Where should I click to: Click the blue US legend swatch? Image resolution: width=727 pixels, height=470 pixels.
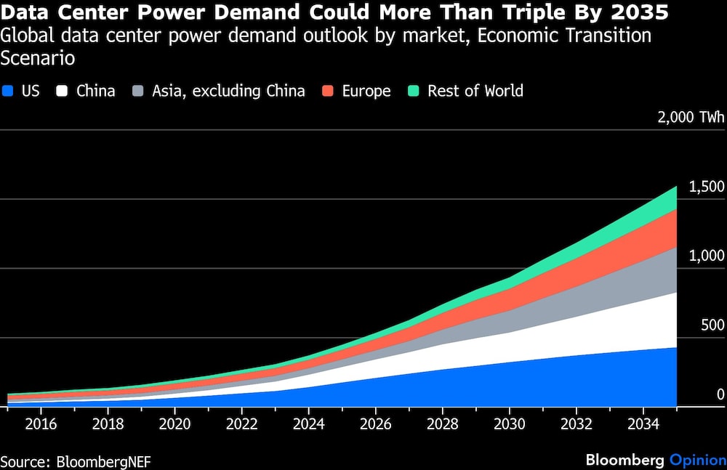[9, 92]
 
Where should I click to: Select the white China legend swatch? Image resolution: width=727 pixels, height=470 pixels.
[63, 92]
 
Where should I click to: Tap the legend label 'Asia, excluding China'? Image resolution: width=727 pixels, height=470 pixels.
[228, 91]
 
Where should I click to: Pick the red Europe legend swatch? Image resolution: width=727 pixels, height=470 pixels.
[327, 92]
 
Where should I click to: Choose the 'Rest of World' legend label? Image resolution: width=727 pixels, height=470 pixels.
[475, 91]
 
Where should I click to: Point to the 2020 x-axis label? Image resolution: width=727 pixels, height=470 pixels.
[174, 423]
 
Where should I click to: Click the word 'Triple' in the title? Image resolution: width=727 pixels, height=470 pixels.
[506, 13]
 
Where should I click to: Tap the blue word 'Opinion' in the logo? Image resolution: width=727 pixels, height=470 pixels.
[696, 460]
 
